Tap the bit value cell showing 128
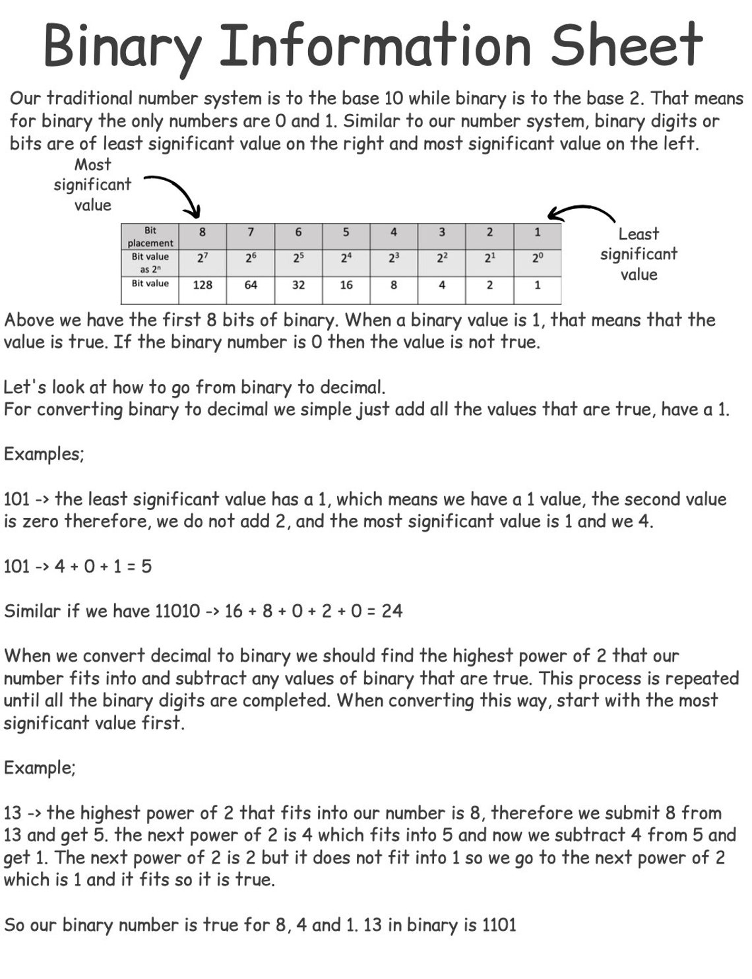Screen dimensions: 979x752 [x=203, y=285]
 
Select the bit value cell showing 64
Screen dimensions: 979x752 [x=251, y=285]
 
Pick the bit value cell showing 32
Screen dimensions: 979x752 [x=298, y=285]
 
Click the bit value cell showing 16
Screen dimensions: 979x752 [x=346, y=285]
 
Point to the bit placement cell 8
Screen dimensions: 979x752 [x=203, y=232]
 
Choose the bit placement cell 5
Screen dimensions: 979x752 [x=346, y=232]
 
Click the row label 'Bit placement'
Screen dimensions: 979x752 [x=150, y=237]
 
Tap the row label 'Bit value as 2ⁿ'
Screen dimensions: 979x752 [x=150, y=263]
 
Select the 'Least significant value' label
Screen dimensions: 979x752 [x=639, y=254]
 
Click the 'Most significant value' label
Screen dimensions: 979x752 [x=92, y=185]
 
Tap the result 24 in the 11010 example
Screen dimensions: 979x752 [x=392, y=611]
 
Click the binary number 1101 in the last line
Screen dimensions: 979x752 [x=499, y=925]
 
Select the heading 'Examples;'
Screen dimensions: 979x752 [x=44, y=455]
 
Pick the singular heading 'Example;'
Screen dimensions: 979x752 [x=40, y=768]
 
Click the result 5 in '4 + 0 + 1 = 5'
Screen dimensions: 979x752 [x=146, y=566]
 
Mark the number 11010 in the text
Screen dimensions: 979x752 [x=177, y=611]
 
